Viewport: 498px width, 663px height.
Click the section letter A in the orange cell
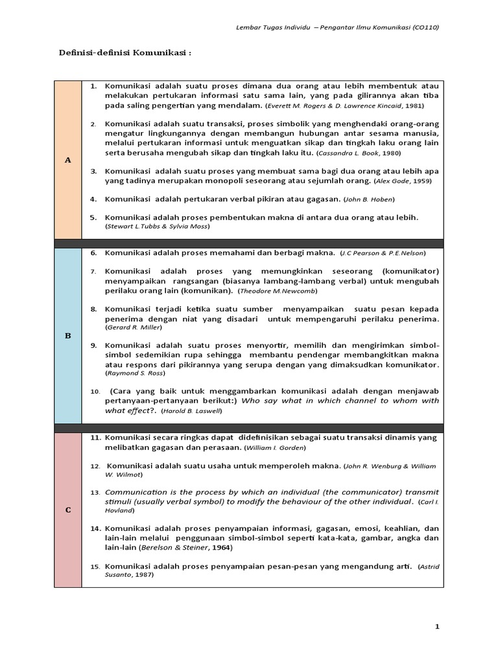(x=67, y=159)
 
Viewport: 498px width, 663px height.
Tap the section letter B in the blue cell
(x=67, y=336)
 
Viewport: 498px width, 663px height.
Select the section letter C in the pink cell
(x=67, y=510)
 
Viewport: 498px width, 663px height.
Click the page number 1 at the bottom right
(x=437, y=627)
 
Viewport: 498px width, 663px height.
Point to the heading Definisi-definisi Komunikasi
(x=126, y=53)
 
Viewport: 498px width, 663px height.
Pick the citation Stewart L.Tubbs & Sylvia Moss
(x=158, y=227)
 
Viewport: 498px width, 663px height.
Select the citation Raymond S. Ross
(x=135, y=374)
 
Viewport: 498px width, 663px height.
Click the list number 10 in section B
(x=95, y=392)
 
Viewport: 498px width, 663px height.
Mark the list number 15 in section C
(x=95, y=567)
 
